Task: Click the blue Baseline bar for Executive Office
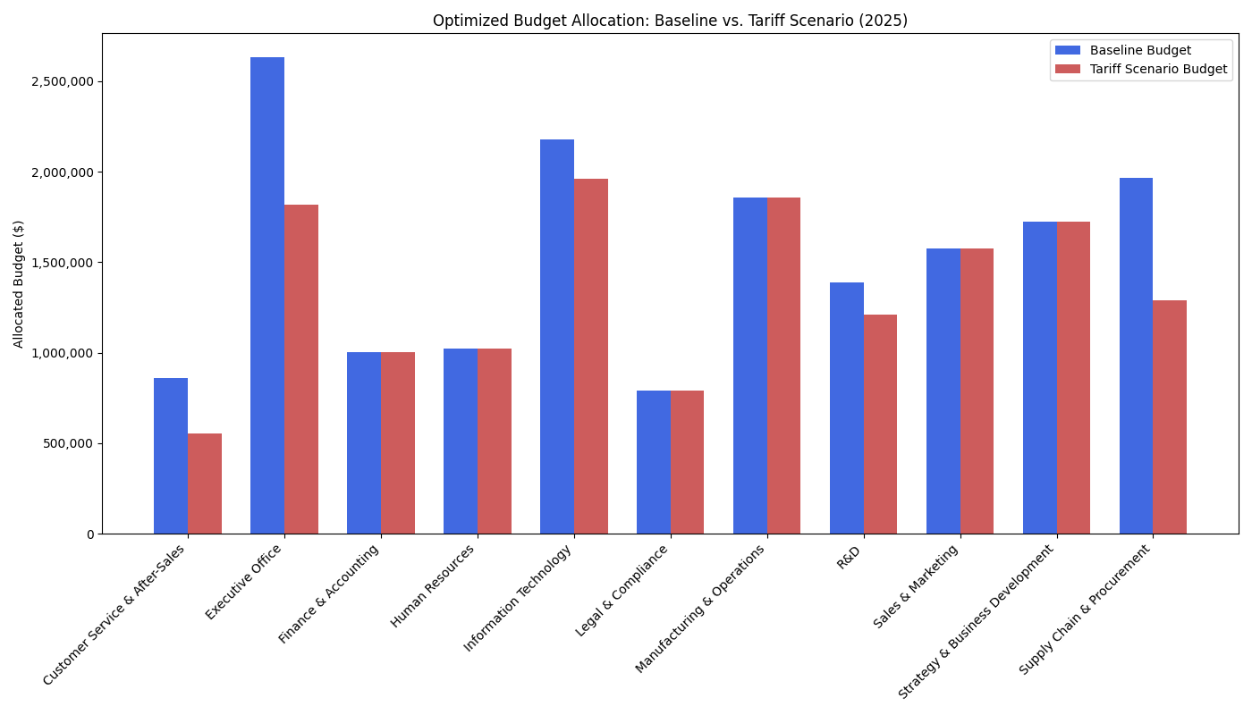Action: point(267,295)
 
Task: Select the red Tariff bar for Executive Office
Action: point(301,369)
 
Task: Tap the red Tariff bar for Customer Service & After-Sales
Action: point(205,484)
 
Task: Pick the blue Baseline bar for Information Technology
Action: point(557,336)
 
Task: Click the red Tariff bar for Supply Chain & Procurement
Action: point(1170,416)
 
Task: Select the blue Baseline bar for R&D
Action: point(847,408)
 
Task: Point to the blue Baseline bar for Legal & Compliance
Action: point(654,462)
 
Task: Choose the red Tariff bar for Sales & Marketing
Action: point(977,391)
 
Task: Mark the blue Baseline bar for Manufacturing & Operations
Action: point(750,366)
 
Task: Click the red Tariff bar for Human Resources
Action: point(495,441)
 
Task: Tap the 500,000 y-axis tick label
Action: point(69,443)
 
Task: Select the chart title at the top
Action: point(670,21)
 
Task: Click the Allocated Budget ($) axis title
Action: point(19,283)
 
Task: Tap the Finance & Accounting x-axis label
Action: point(330,593)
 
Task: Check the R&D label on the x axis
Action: point(849,558)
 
